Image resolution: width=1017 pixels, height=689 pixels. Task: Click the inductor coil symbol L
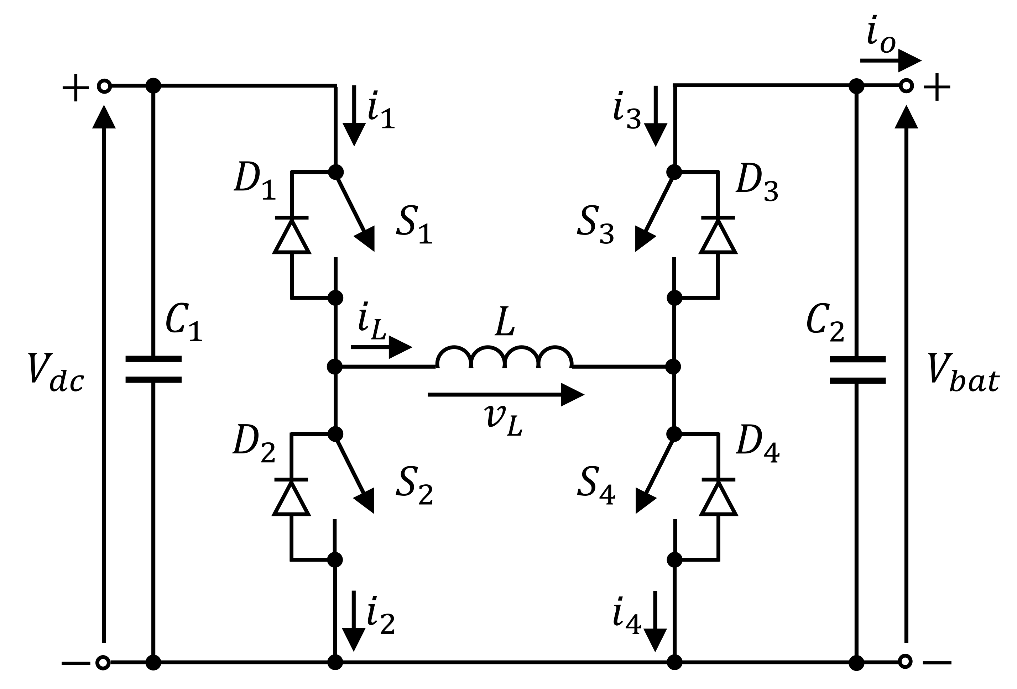coord(504,357)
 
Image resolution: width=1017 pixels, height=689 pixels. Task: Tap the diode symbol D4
coord(719,498)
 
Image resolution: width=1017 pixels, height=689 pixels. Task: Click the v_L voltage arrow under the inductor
coord(505,395)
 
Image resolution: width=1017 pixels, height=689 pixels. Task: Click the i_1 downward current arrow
coord(354,116)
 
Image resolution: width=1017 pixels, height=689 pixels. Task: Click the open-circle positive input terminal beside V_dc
coord(104,86)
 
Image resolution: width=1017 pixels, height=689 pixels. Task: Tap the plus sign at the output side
coord(937,87)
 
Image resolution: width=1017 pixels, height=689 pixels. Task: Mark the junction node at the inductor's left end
coord(335,367)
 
